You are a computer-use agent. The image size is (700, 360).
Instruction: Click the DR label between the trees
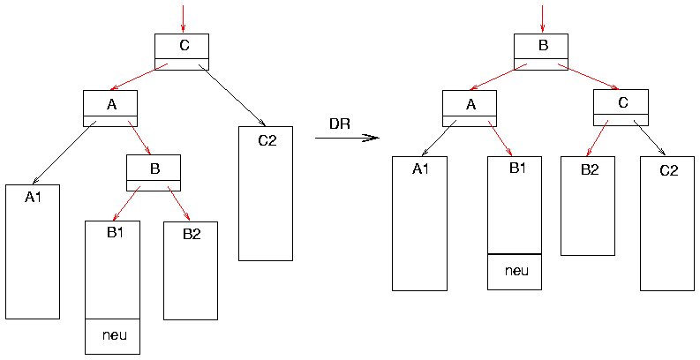[x=340, y=124]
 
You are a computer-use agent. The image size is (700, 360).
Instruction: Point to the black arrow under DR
[x=347, y=138]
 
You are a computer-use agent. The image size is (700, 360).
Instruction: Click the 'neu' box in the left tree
[x=112, y=335]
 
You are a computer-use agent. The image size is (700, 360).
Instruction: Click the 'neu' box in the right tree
[x=515, y=271]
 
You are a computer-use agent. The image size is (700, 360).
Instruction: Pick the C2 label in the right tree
[x=668, y=169]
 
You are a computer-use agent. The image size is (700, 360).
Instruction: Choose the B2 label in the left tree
[x=192, y=234]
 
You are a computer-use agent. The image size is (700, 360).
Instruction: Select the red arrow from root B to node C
[x=589, y=76]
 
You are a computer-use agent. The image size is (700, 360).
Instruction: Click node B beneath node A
[x=154, y=172]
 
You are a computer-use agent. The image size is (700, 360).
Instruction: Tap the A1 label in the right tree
[x=420, y=169]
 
